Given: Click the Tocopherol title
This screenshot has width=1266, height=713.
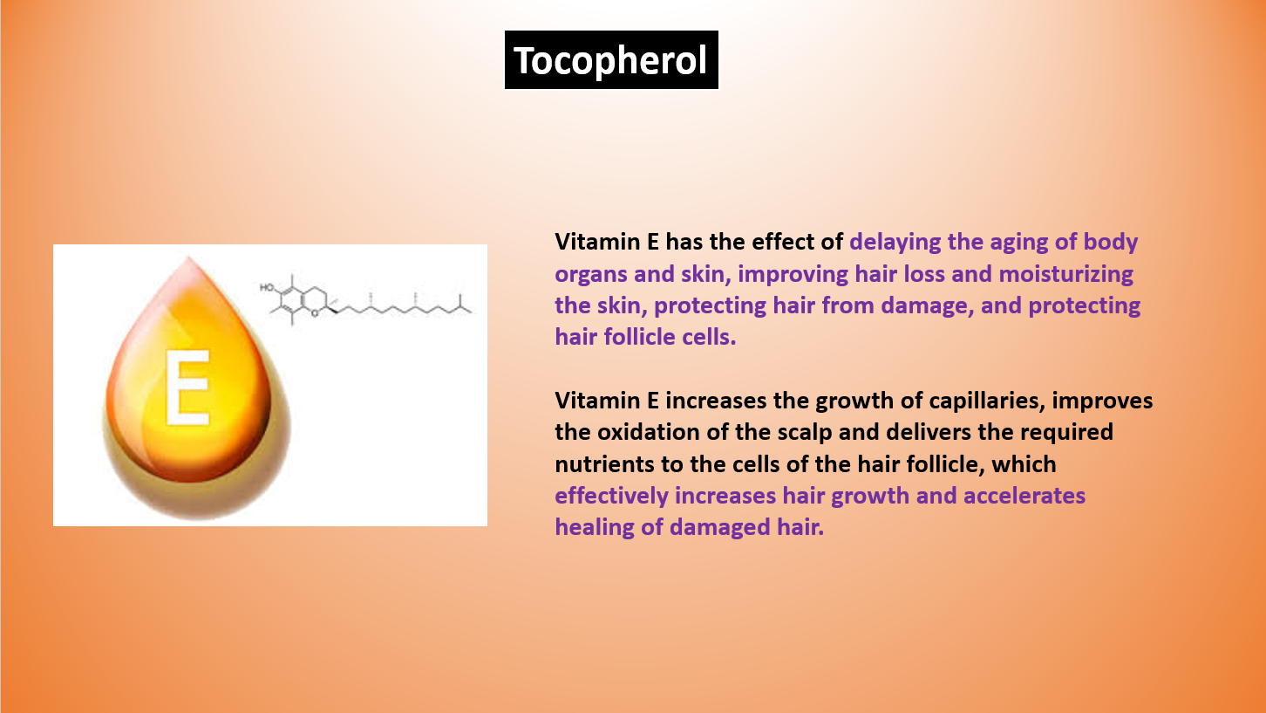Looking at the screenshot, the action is [610, 60].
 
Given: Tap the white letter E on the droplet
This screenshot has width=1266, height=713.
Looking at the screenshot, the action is [187, 387].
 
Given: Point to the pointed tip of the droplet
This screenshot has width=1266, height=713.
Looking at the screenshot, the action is [189, 258].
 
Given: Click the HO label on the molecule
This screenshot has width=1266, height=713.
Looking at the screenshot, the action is [267, 287].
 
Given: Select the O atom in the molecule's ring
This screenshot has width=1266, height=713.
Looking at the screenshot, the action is [315, 313].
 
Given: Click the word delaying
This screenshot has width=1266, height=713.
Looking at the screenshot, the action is [895, 243].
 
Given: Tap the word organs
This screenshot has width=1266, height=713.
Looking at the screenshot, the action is [591, 275].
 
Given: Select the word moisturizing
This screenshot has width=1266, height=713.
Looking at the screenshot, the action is [1066, 274].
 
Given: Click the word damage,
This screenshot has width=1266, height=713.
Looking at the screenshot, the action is [928, 306].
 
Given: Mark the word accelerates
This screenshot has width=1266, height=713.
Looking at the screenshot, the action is [1024, 497].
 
